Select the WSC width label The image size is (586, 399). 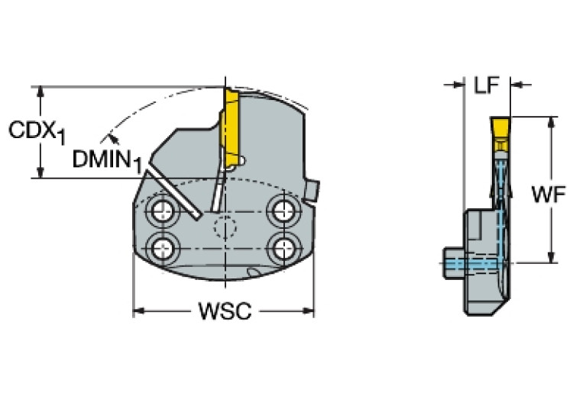pyautogui.click(x=224, y=312)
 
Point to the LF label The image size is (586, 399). pyautogui.click(x=487, y=85)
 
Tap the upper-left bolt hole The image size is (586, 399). pyautogui.click(x=162, y=211)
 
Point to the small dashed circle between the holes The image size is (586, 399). pyautogui.click(x=225, y=227)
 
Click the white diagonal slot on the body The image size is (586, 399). pyautogui.click(x=175, y=195)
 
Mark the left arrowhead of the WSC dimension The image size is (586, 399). pyautogui.click(x=138, y=311)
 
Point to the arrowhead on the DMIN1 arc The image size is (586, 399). pyautogui.click(x=112, y=138)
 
